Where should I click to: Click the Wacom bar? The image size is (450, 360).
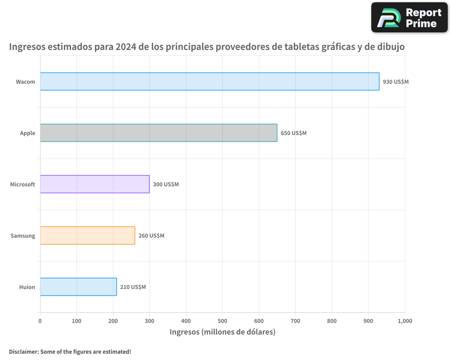tap(210, 81)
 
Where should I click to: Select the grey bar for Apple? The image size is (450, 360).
tap(158, 133)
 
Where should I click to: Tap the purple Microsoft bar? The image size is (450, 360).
tap(94, 184)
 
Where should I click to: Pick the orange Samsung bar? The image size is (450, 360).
tap(87, 235)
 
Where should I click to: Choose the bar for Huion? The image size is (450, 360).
tap(78, 287)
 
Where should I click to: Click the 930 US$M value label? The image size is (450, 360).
tap(396, 82)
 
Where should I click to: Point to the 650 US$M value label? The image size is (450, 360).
tap(293, 133)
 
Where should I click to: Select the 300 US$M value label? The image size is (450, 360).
tap(166, 184)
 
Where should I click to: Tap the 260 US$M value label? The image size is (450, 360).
tap(151, 236)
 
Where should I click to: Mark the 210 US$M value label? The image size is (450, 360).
tap(133, 287)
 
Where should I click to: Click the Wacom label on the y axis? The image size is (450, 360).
tap(25, 82)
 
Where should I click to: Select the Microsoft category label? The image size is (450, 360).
tap(22, 184)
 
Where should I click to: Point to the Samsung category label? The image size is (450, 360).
tap(23, 236)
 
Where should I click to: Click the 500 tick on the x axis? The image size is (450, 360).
tap(222, 321)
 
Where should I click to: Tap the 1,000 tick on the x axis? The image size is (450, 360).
tap(405, 321)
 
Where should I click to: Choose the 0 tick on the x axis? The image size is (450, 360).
tap(40, 321)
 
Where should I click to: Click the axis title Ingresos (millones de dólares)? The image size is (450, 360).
tap(222, 332)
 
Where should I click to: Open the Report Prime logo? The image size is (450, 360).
tap(409, 18)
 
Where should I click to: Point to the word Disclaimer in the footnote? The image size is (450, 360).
tap(23, 351)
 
